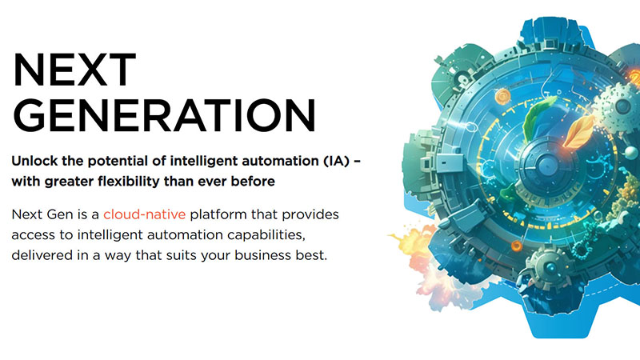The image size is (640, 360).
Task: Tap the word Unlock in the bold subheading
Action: pyautogui.click(x=35, y=160)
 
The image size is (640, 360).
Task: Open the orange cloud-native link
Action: pyautogui.click(x=145, y=215)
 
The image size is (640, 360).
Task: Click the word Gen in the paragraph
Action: pyautogui.click(x=59, y=215)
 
